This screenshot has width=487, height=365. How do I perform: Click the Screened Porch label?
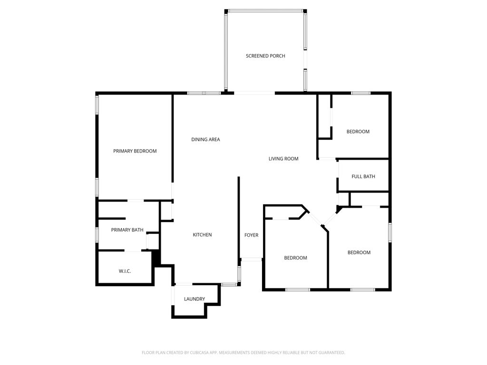click(x=265, y=56)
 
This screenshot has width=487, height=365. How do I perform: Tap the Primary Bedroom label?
click(x=135, y=151)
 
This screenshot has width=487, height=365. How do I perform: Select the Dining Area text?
click(x=205, y=140)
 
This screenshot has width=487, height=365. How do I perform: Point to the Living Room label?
click(x=283, y=159)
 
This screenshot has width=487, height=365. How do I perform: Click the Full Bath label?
click(x=363, y=177)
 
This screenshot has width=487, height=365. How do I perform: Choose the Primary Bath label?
click(x=127, y=230)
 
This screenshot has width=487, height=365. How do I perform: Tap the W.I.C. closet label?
click(x=125, y=271)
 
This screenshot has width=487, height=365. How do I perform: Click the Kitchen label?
click(x=202, y=235)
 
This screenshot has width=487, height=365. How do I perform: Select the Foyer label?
click(x=251, y=235)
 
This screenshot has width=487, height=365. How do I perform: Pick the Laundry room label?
click(x=195, y=299)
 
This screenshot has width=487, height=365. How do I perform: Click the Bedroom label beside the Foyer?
click(x=295, y=258)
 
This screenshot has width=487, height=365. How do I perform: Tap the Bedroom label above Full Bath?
click(x=358, y=132)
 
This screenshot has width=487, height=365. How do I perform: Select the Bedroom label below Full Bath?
click(x=359, y=253)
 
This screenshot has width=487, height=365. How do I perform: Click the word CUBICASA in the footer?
click(x=197, y=353)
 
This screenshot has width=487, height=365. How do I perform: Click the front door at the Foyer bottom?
click(x=251, y=259)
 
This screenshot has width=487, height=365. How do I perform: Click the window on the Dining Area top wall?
click(x=204, y=93)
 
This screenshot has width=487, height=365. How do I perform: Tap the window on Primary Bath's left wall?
click(x=97, y=234)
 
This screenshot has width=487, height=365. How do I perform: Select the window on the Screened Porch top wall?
click(x=265, y=10)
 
